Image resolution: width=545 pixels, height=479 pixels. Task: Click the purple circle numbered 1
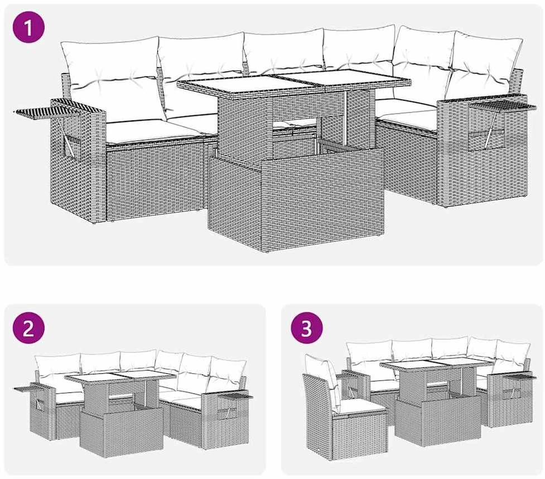(28, 27)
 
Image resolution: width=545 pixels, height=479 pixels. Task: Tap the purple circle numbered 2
(28, 328)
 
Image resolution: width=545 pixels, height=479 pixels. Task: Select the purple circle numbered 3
(307, 328)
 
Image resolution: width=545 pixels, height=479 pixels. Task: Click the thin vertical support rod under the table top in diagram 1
(345, 119)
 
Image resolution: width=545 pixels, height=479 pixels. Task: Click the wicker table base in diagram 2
(122, 432)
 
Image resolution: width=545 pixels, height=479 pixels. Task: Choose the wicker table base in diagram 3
(438, 420)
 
